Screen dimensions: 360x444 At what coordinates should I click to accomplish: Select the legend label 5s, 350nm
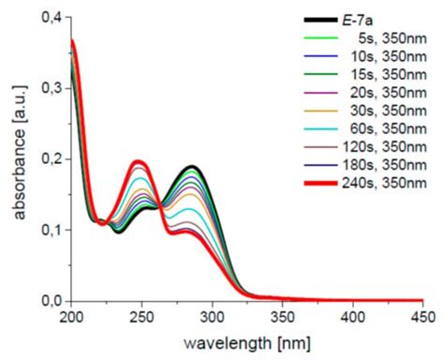point(386,37)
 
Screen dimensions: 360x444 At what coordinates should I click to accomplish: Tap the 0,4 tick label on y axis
point(49,18)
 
